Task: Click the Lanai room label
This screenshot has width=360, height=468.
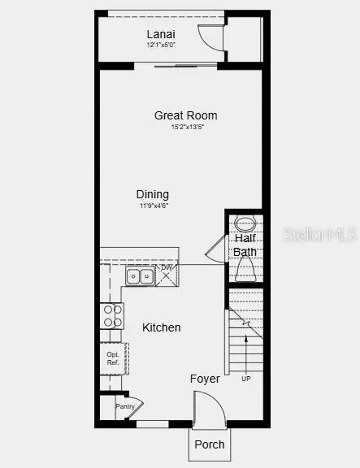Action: click(161, 34)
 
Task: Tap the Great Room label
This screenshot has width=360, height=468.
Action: click(186, 115)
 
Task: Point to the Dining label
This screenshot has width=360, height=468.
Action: click(153, 194)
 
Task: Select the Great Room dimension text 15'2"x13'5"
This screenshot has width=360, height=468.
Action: click(186, 128)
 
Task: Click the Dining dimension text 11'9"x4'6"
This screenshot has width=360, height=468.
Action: click(153, 206)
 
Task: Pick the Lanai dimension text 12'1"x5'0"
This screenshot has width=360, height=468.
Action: click(161, 45)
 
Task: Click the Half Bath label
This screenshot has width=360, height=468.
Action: click(245, 245)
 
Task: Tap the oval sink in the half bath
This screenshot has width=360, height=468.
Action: click(245, 223)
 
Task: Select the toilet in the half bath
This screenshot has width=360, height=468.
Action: click(246, 270)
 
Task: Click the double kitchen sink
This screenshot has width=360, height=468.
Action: click(140, 276)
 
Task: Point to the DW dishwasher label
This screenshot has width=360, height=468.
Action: click(167, 268)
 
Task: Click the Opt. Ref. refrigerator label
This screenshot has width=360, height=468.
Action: click(112, 358)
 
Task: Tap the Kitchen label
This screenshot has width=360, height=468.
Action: click(162, 327)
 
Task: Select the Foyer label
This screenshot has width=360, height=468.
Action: click(205, 379)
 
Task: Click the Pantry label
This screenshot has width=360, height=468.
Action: click(124, 406)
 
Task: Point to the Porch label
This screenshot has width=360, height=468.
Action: click(210, 444)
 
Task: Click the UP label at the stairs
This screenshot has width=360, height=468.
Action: click(246, 379)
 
